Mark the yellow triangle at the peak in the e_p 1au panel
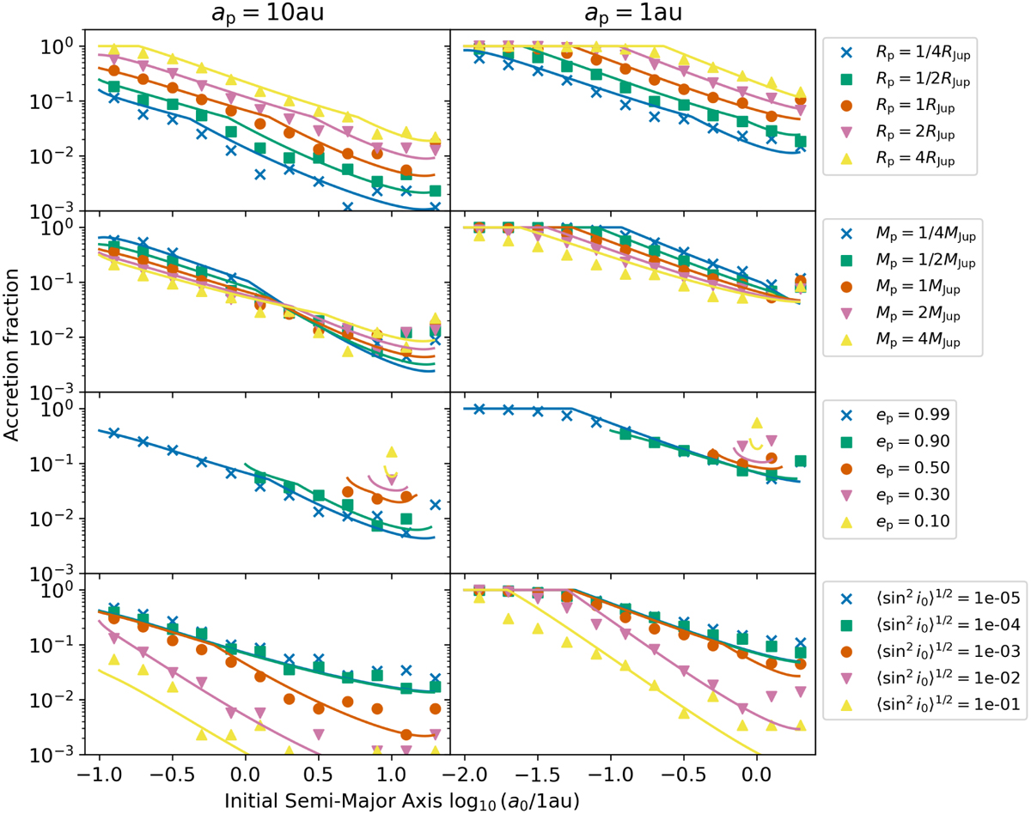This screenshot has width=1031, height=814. (756, 422)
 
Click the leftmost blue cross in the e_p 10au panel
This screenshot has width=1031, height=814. (113, 433)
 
